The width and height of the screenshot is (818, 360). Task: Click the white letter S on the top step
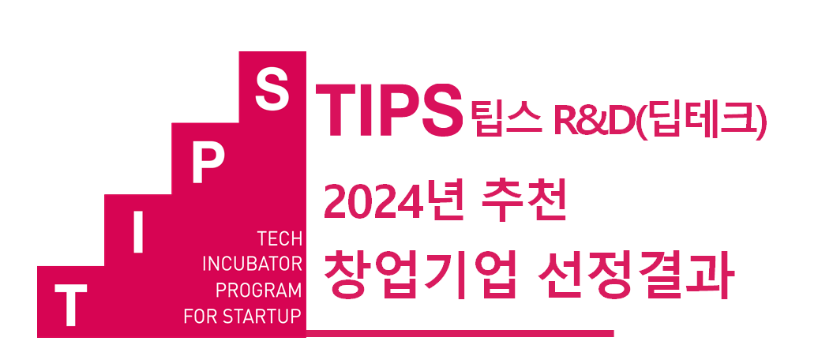(272, 92)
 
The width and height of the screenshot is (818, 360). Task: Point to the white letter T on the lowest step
(70, 306)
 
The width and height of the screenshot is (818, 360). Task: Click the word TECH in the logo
(280, 239)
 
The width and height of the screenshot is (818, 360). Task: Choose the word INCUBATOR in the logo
(252, 264)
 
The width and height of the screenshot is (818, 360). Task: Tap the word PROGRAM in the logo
(259, 290)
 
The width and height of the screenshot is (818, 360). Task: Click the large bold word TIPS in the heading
(389, 111)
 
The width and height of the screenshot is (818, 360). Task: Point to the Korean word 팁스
(504, 119)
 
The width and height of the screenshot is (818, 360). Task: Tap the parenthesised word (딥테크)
(697, 121)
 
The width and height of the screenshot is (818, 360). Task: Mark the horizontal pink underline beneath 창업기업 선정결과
(460, 333)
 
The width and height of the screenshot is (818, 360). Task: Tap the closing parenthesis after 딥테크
(761, 121)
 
